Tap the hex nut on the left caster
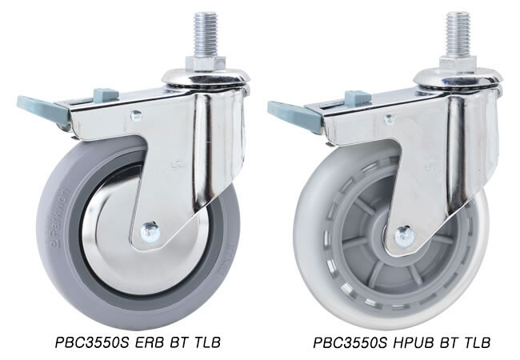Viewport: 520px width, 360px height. [206, 64]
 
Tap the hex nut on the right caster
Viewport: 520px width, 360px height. [458, 63]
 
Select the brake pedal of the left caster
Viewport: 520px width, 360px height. [42, 109]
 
